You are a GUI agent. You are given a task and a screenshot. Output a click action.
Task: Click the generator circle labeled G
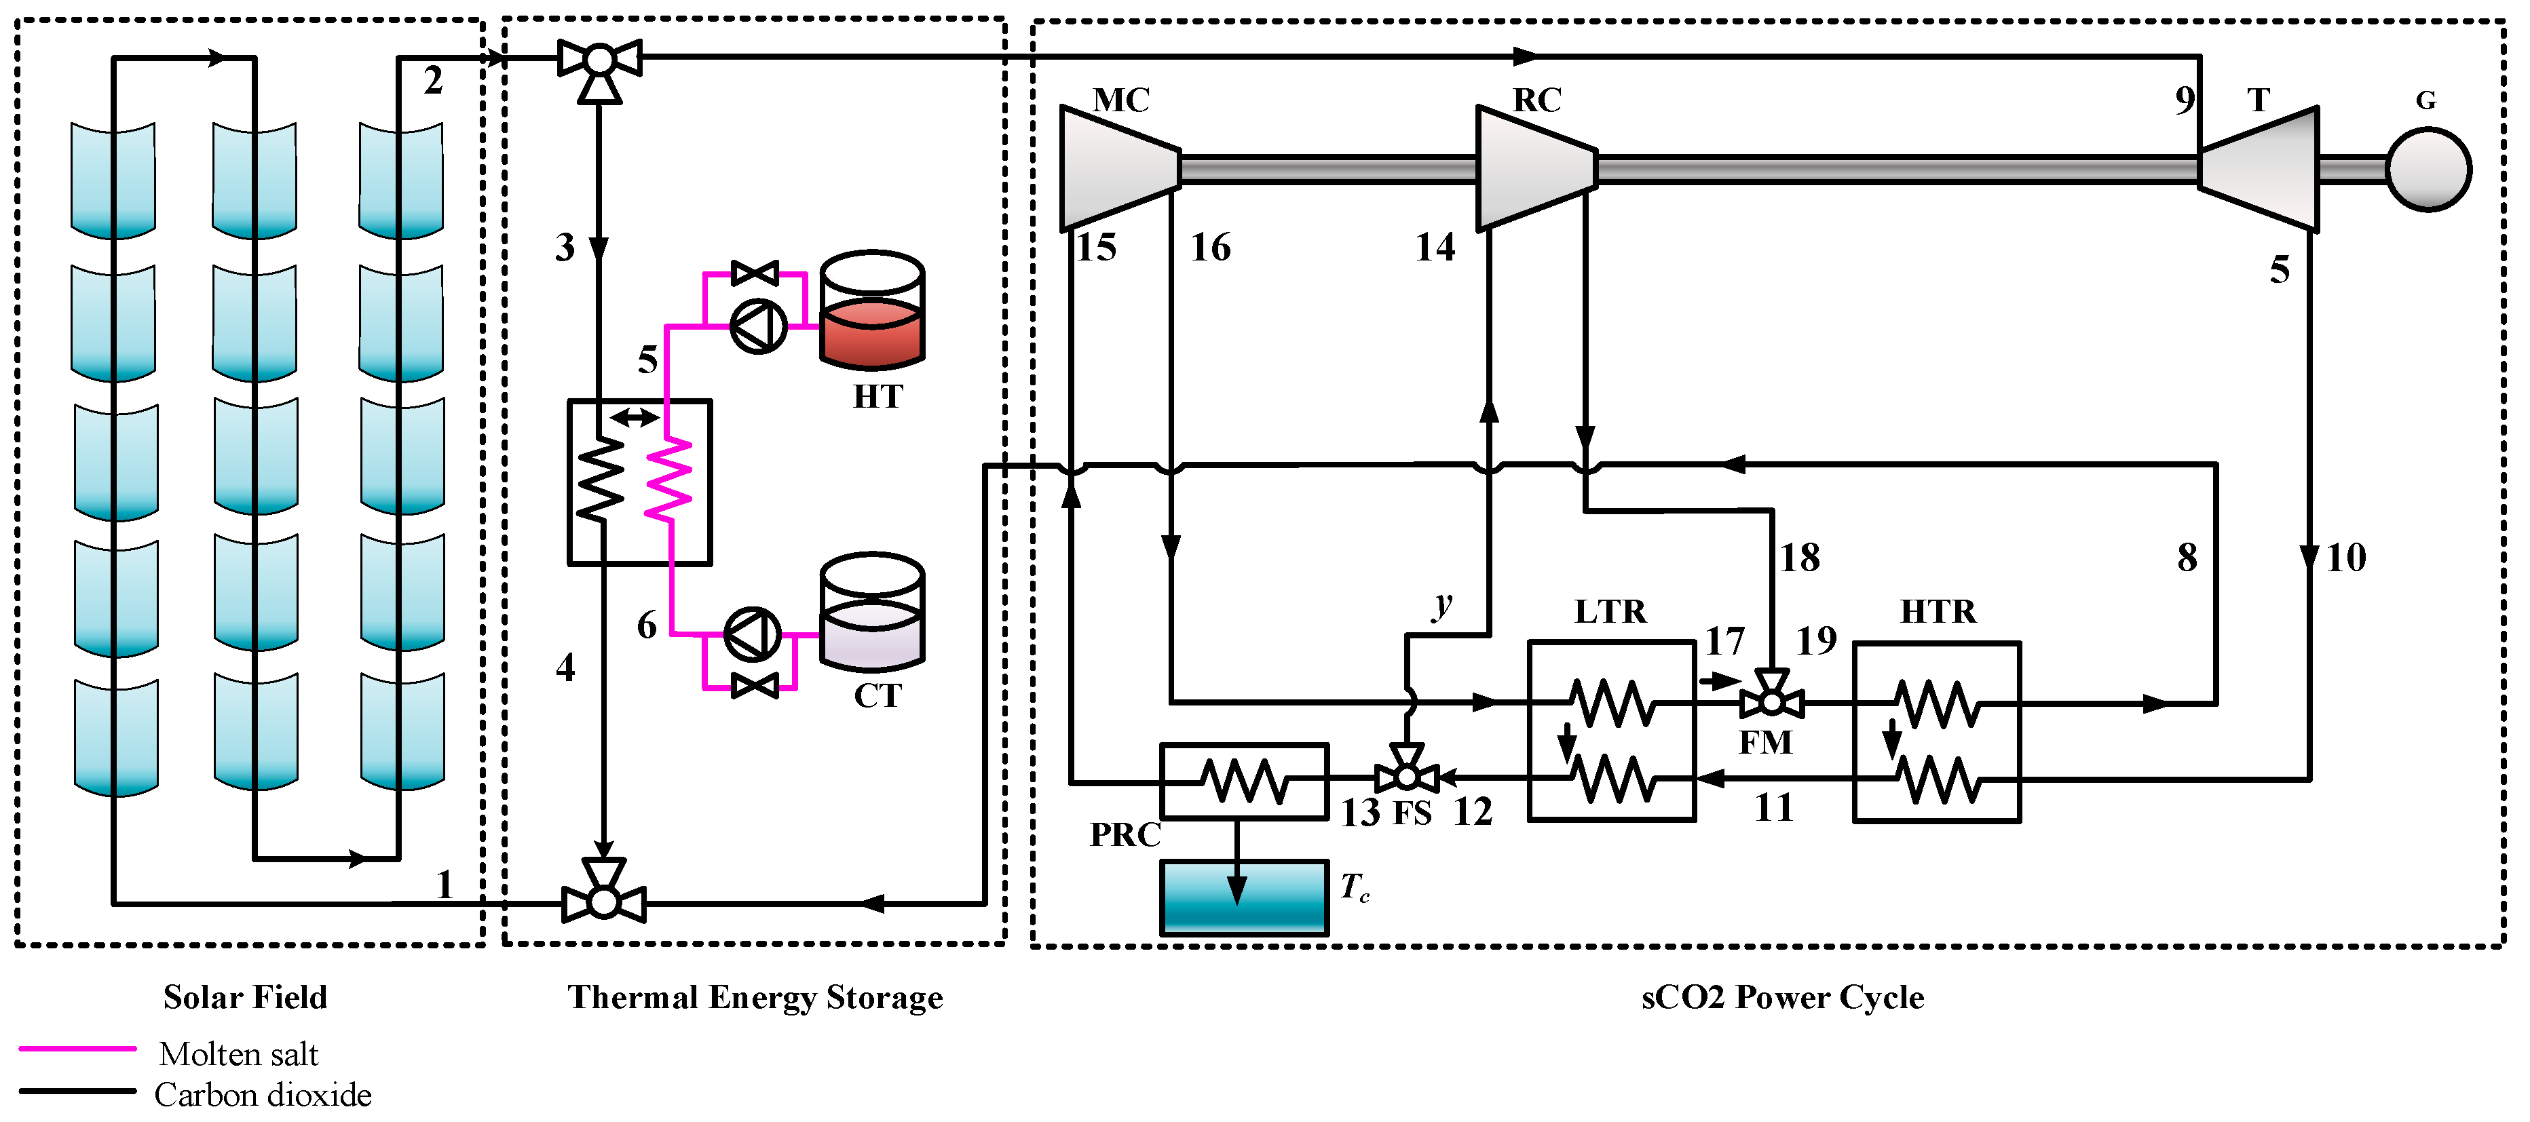coord(2427,169)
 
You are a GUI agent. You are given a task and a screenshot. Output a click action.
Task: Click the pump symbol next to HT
coord(758,326)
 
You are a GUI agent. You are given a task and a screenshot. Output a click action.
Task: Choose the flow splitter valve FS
coord(1406,775)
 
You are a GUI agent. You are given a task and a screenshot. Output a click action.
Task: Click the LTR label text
coord(1610,612)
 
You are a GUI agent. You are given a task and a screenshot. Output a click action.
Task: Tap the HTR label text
coord(1937,612)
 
